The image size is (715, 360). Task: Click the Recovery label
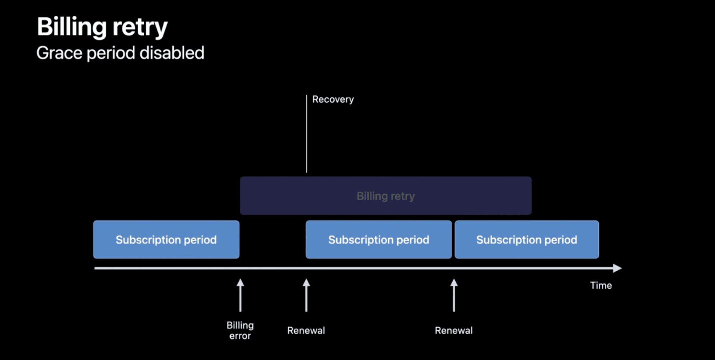point(333,99)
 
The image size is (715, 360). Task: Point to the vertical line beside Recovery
point(307,133)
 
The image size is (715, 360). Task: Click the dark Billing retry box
point(385,196)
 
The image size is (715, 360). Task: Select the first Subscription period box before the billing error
point(166,240)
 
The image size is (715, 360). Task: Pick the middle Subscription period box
point(379,240)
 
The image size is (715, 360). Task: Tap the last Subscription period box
point(526,240)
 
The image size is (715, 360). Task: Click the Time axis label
point(601,286)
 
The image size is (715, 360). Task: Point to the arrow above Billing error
point(240,295)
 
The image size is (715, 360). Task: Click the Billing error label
point(240,331)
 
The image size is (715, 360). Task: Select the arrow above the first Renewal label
point(306,295)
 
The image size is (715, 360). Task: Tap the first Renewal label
point(306,331)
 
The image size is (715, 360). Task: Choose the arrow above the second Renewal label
point(454,295)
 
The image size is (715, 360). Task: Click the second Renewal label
point(454,331)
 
